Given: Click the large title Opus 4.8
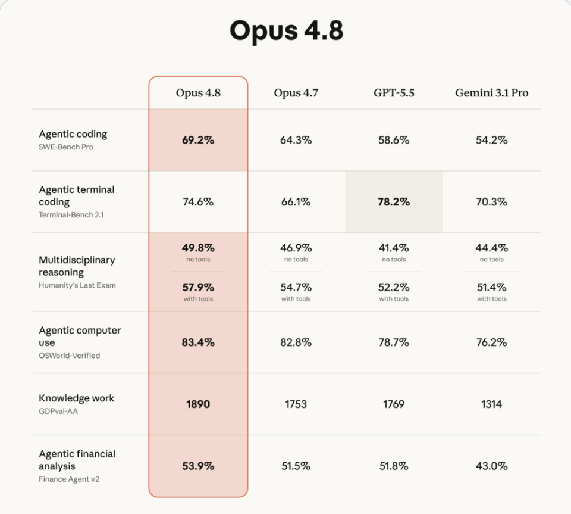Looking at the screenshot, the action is (286, 31).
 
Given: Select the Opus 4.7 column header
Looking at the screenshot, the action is (296, 93).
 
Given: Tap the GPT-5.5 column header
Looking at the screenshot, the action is (394, 93).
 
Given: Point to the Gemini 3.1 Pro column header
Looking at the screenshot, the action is (492, 93).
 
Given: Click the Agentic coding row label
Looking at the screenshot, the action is (73, 134).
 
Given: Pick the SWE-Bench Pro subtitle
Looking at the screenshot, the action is (66, 147).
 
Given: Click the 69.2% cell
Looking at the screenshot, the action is (198, 140).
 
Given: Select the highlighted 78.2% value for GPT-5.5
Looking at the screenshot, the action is (394, 202).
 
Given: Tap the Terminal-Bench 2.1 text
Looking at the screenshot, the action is (71, 215).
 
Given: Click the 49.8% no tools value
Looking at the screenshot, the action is (198, 248).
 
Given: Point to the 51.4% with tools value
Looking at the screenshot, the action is (492, 288).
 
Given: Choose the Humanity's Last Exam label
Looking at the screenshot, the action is (77, 285).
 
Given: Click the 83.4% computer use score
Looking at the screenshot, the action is (198, 342).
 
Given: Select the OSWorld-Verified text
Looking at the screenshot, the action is (69, 356).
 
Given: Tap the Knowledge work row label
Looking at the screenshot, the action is (77, 398).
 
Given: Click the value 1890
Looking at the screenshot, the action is (198, 404).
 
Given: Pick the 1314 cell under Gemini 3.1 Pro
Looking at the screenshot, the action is (492, 404).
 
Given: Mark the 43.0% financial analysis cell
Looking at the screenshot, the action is (492, 466).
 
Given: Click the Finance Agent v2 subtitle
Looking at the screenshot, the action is (69, 479).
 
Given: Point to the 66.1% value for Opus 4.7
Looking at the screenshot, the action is (296, 202).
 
